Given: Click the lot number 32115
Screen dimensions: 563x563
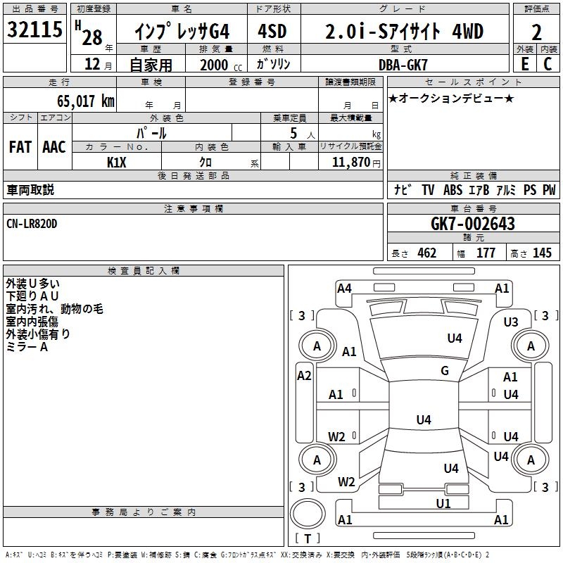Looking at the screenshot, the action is (34, 30).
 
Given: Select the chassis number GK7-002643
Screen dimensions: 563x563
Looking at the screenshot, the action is (472, 224).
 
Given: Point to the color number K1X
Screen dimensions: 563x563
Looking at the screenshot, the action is (117, 162).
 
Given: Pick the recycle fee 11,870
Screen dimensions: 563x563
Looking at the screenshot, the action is (350, 162).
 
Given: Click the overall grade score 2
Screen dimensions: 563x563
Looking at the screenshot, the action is (536, 32).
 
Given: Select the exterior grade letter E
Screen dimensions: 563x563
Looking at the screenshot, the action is (524, 63).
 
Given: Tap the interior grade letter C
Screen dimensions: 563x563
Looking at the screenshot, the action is (548, 63).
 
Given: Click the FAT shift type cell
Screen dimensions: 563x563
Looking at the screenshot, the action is (20, 146).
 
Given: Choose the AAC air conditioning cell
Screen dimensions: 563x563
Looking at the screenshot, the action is (54, 146).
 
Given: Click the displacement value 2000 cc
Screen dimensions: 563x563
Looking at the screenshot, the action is (217, 65).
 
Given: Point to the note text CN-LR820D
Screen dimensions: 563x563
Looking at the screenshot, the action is (32, 223).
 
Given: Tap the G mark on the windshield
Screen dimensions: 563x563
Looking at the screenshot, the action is (444, 371).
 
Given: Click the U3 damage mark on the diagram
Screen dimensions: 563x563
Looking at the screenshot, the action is (511, 322).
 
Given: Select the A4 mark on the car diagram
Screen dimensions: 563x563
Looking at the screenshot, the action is (344, 288).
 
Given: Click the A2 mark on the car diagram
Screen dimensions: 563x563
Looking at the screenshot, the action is (304, 376).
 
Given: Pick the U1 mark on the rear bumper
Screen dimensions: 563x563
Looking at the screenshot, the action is (443, 503).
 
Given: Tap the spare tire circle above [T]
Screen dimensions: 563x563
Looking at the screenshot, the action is (308, 514).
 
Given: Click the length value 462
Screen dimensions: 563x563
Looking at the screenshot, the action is (426, 253).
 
